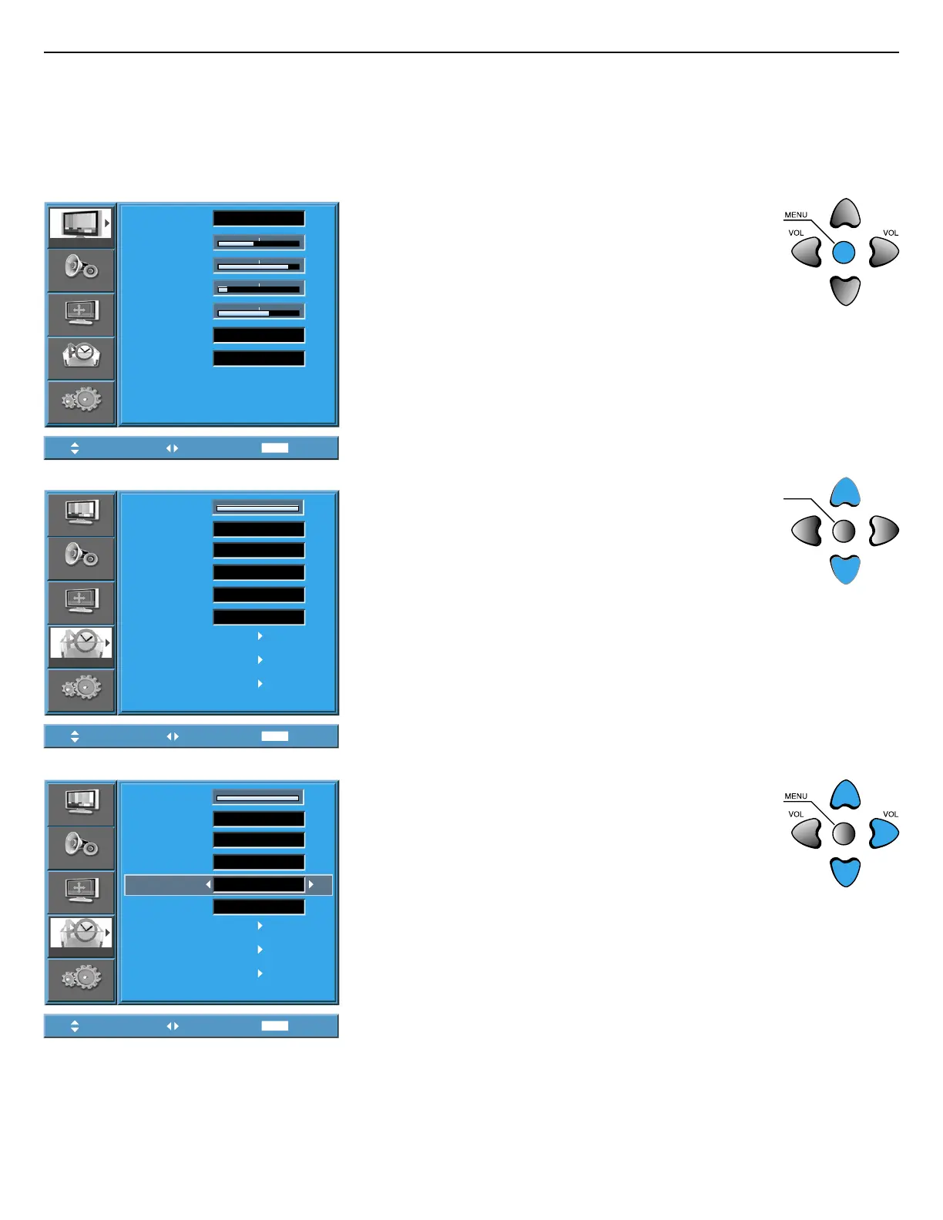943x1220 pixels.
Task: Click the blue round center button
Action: pyautogui.click(x=844, y=252)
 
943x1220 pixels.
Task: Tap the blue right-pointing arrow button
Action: pyautogui.click(x=884, y=833)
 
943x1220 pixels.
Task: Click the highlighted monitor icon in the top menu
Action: pyautogui.click(x=81, y=224)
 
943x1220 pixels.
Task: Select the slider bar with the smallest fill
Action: pyautogui.click(x=259, y=289)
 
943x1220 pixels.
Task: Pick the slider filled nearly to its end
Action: pyautogui.click(x=259, y=266)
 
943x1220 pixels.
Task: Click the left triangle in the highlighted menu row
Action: pyautogui.click(x=208, y=885)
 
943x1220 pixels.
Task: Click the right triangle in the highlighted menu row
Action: pyautogui.click(x=311, y=885)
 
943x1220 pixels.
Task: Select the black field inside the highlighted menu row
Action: pyautogui.click(x=259, y=885)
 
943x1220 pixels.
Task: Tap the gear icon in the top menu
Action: pyautogui.click(x=81, y=401)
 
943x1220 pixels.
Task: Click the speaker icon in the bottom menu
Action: pyautogui.click(x=81, y=846)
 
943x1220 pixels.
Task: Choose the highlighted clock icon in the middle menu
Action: pyautogui.click(x=81, y=644)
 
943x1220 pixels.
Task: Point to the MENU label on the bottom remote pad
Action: pyautogui.click(x=796, y=796)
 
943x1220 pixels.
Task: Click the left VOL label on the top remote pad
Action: pyautogui.click(x=796, y=233)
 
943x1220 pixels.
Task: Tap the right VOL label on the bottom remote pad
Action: pyautogui.click(x=891, y=814)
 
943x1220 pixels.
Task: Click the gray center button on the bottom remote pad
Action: pyautogui.click(x=844, y=833)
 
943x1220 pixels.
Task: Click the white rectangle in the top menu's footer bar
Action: pyautogui.click(x=275, y=448)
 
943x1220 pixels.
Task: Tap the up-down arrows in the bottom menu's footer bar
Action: pyautogui.click(x=75, y=1026)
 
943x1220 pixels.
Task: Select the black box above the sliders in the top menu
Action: pyautogui.click(x=259, y=219)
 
